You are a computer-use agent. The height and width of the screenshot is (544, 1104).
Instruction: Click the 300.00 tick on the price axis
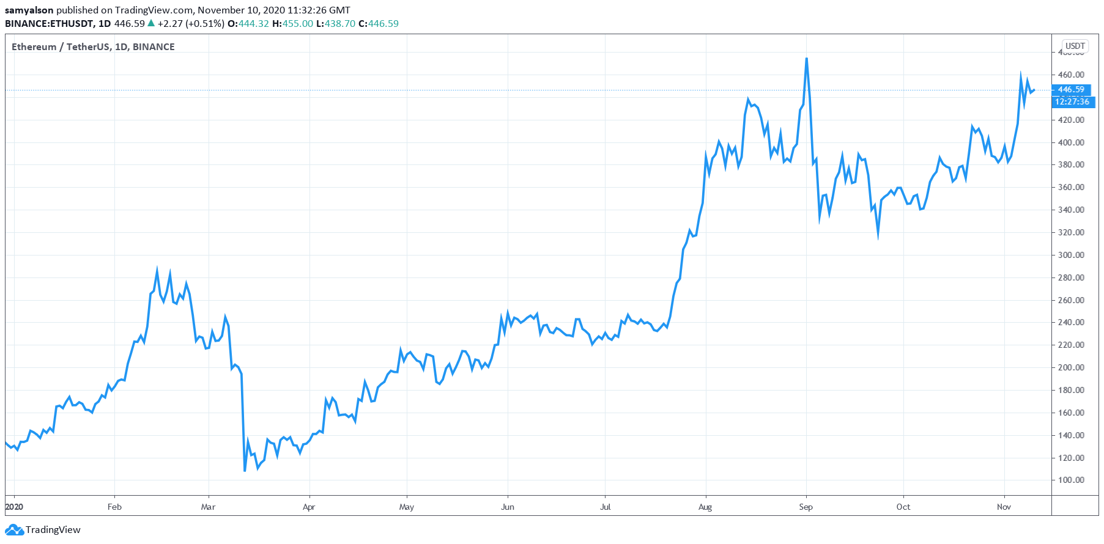1070,255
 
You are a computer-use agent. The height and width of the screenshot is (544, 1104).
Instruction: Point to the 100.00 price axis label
1070,480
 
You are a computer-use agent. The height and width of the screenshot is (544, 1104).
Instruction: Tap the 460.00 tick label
1070,75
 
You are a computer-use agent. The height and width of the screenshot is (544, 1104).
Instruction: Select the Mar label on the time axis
208,507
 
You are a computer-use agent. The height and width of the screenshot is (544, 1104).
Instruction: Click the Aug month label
705,507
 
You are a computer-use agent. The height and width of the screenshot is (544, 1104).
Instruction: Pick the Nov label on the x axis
1004,507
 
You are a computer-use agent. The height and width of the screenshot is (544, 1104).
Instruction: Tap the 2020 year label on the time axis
13,507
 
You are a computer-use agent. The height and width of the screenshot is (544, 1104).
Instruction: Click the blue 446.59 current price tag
1071,89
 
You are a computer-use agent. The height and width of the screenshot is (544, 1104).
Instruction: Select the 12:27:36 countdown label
1072,101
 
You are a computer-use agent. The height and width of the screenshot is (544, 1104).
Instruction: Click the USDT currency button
1075,46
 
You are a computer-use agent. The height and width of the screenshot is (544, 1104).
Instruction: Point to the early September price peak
807,59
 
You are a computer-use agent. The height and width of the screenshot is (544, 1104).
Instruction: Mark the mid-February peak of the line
157,270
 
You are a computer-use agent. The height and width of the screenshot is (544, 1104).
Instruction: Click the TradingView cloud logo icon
14,530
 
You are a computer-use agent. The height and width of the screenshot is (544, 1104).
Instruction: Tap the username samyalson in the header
29,10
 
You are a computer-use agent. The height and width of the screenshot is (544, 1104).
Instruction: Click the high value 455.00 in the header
297,23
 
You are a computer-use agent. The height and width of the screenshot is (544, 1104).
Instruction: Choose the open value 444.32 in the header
253,23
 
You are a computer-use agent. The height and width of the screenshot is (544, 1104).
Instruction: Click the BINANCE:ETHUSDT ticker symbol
49,23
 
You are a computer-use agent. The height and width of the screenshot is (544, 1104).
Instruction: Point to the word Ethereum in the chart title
34,46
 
